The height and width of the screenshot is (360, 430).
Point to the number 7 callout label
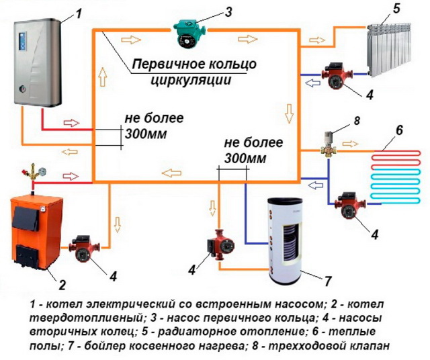click(328, 278)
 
